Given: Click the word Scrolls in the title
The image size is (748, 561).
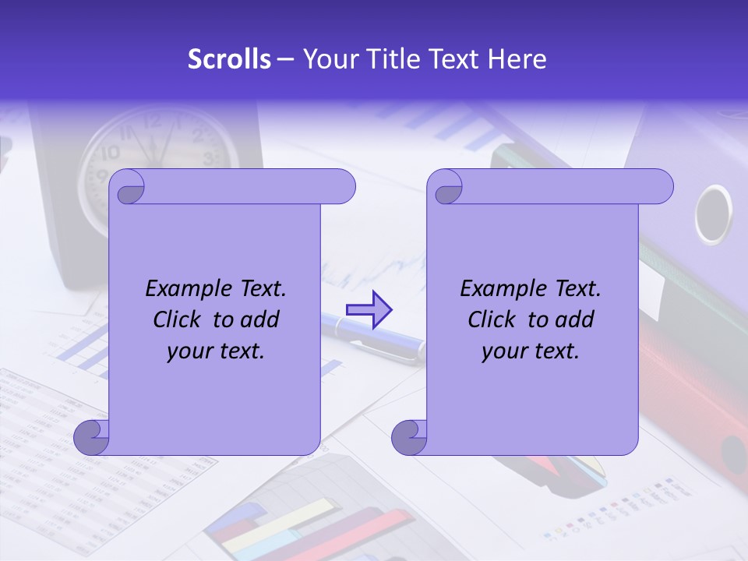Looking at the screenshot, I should pos(229,59).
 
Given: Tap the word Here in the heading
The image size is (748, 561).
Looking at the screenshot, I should pos(517,59).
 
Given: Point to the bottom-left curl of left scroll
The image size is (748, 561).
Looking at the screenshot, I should pos(91,438).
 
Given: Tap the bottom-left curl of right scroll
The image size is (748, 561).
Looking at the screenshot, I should pos(409,438).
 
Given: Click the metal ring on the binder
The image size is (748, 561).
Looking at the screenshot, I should pos(713,214).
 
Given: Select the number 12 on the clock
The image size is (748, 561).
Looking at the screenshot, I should pos(153,121).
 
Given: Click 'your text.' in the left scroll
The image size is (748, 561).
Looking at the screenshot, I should pos(216,351).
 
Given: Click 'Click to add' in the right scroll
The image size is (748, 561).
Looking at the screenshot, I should pos(531,319).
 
